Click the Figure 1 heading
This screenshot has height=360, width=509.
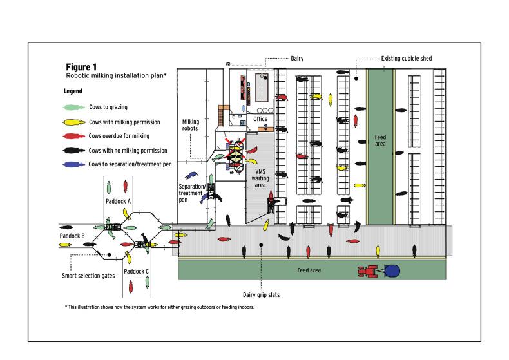point(81,67)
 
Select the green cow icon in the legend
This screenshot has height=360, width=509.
point(73,108)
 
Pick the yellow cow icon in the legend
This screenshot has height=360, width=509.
point(73,122)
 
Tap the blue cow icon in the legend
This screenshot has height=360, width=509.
point(73,164)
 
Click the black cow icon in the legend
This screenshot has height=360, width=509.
point(73,151)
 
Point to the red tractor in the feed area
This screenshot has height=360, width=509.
point(368,271)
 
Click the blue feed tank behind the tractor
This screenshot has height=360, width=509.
point(392,271)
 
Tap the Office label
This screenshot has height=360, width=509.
point(260,119)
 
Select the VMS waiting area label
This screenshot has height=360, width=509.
point(260,178)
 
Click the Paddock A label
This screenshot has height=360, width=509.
point(118,201)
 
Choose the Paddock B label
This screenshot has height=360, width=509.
point(72,236)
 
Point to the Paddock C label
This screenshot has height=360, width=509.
point(137,272)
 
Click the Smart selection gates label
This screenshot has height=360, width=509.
point(88,276)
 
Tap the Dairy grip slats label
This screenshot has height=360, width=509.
point(262,295)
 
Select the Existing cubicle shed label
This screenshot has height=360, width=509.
point(407,59)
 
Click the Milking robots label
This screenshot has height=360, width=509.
point(191,125)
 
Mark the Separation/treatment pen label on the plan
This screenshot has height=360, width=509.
point(192,193)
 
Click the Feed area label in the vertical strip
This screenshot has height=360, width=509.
point(380,140)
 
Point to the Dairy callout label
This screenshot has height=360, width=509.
point(297,59)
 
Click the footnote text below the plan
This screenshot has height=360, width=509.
point(160,307)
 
